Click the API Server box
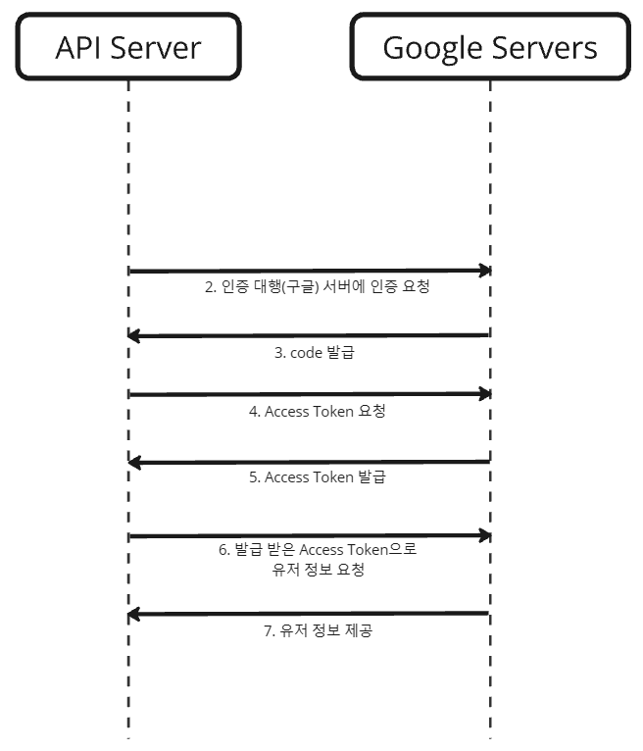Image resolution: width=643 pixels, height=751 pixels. (127, 46)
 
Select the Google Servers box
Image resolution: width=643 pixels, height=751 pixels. (489, 46)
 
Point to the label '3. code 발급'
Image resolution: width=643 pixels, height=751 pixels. (314, 353)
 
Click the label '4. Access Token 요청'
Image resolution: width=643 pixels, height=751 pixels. (317, 412)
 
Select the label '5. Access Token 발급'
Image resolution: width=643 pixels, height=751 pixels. (317, 477)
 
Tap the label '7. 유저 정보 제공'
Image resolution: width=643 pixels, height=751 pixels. (318, 631)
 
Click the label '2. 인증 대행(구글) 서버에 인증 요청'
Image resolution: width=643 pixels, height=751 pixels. (317, 288)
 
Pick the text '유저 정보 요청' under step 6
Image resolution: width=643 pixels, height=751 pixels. (319, 570)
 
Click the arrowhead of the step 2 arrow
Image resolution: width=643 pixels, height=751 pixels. (483, 270)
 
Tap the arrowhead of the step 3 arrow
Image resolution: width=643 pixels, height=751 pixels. (135, 336)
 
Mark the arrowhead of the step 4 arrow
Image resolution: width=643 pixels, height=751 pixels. (483, 394)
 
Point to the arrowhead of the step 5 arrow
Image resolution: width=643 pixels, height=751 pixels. (135, 462)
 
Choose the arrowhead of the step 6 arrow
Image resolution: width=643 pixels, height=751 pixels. (483, 536)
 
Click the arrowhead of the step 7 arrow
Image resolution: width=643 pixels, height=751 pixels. (135, 615)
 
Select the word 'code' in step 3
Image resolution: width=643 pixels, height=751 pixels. (306, 353)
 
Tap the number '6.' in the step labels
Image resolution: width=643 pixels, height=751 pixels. (223, 550)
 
